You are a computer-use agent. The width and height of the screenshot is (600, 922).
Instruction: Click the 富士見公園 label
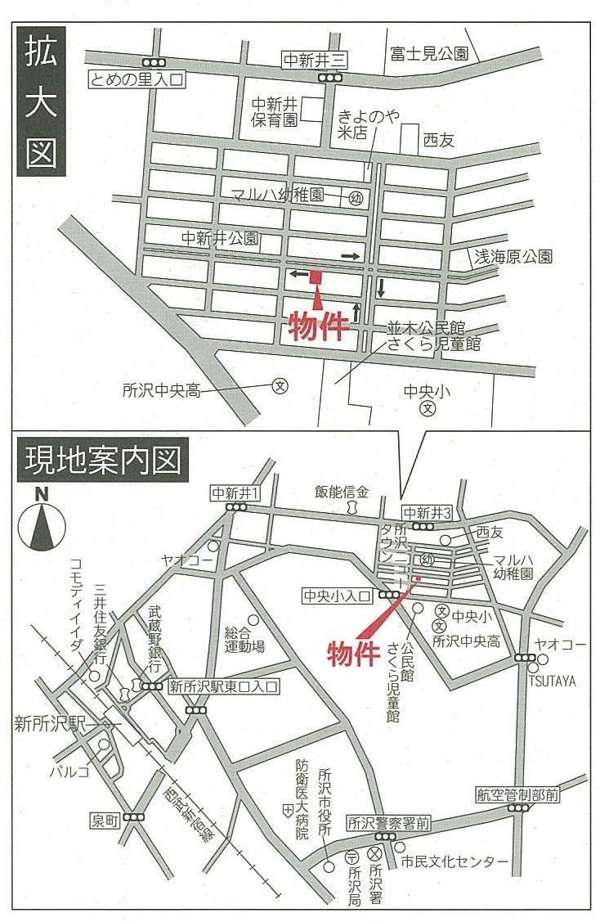pyautogui.click(x=428, y=54)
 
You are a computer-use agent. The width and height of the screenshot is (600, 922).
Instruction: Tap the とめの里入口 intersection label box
pyautogui.click(x=138, y=79)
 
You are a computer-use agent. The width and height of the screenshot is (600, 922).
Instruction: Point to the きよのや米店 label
pyautogui.click(x=369, y=126)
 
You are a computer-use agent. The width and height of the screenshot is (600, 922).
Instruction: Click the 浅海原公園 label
pyautogui.click(x=514, y=257)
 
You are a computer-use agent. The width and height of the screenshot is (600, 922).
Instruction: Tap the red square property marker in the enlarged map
pyautogui.click(x=316, y=277)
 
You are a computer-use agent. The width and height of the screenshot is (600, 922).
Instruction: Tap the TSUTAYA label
pyautogui.click(x=552, y=681)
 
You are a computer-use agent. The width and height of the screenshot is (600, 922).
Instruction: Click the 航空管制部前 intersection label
pyautogui.click(x=517, y=794)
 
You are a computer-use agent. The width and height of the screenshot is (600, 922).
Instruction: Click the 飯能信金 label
pyautogui.click(x=343, y=492)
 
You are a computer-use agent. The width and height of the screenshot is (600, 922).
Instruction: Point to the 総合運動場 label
pyautogui.click(x=244, y=639)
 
